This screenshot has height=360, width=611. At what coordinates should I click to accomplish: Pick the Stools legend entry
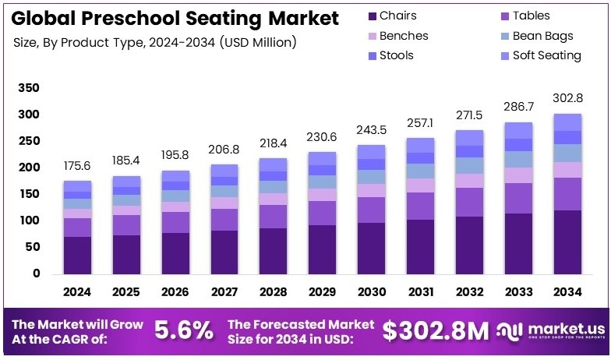[397, 55]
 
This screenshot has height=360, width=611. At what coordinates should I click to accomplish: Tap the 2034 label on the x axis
[567, 291]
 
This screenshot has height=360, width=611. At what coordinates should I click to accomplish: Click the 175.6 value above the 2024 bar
[77, 166]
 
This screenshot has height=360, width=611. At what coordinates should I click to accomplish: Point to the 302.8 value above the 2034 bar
[567, 98]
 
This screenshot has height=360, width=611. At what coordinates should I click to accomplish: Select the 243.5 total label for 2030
[372, 129]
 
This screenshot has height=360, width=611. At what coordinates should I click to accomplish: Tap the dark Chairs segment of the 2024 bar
[77, 255]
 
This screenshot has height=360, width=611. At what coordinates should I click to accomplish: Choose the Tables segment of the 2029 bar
[322, 213]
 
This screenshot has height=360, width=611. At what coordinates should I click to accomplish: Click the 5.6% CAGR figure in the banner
[183, 330]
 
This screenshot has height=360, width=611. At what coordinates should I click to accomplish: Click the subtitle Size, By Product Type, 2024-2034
[154, 43]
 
